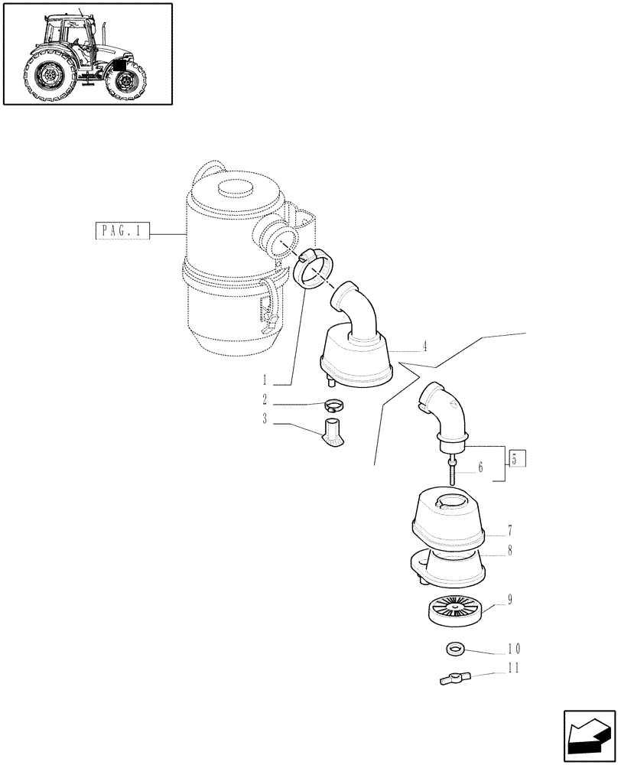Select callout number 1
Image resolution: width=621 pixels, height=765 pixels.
click(x=264, y=379)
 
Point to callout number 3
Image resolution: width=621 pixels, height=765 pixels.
click(x=264, y=420)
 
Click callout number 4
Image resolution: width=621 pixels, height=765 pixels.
click(x=424, y=346)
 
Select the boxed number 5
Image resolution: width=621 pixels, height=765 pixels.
click(x=515, y=460)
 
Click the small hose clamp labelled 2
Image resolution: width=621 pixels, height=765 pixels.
click(x=334, y=405)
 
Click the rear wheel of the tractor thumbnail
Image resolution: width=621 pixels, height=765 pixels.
click(x=47, y=76)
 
